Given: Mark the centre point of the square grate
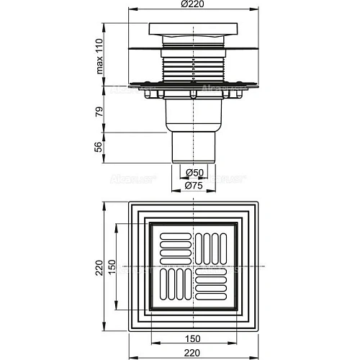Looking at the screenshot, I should tap(192, 267).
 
